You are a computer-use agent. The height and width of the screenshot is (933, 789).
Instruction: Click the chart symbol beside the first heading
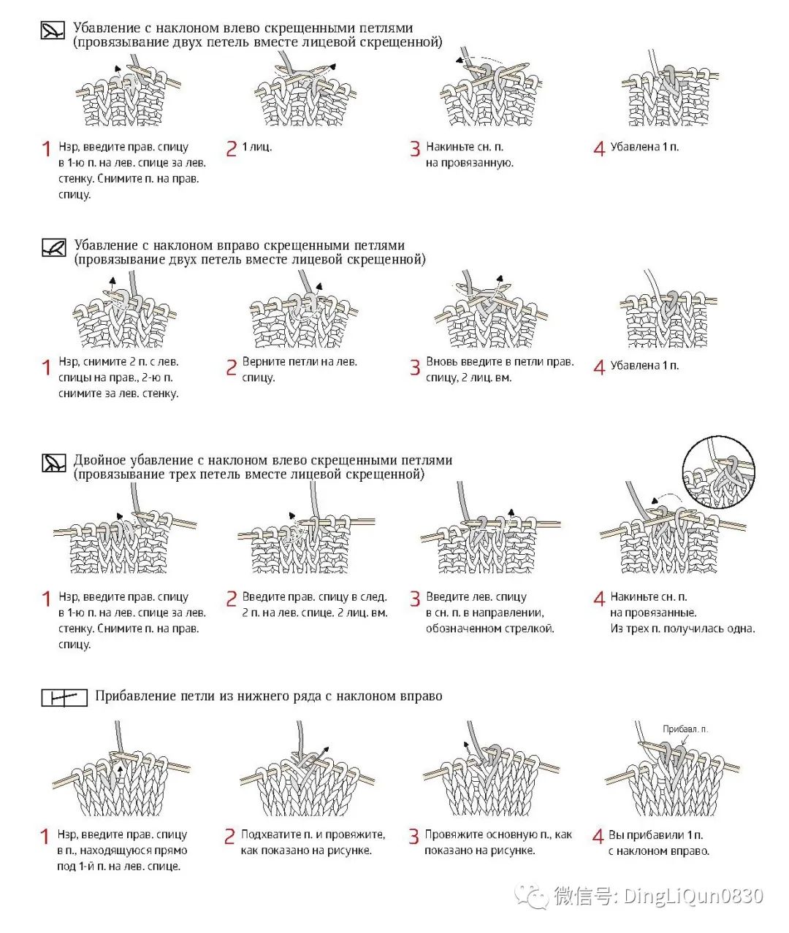pyautogui.click(x=53, y=30)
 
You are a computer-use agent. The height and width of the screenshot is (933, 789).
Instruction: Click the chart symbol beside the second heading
pyautogui.click(x=54, y=247)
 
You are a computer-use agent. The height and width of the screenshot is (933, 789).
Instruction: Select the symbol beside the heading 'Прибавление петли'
pyautogui.click(x=60, y=698)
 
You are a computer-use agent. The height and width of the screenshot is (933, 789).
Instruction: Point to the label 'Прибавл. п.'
pyautogui.click(x=685, y=729)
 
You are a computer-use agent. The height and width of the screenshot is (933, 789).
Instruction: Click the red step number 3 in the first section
pyautogui.click(x=415, y=149)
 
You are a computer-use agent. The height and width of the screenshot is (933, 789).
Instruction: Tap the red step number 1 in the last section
pyautogui.click(x=45, y=837)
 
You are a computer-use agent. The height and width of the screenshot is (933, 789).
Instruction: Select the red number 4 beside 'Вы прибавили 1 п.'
pyautogui.click(x=598, y=837)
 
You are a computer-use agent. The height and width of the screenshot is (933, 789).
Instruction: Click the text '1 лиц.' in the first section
pyautogui.click(x=256, y=147)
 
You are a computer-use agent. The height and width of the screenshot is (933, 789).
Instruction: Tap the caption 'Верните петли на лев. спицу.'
pyautogui.click(x=300, y=369)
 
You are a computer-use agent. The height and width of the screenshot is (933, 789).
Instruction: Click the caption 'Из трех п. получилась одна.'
pyautogui.click(x=682, y=629)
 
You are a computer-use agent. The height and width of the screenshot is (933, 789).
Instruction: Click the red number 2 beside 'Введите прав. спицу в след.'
pyautogui.click(x=231, y=599)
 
